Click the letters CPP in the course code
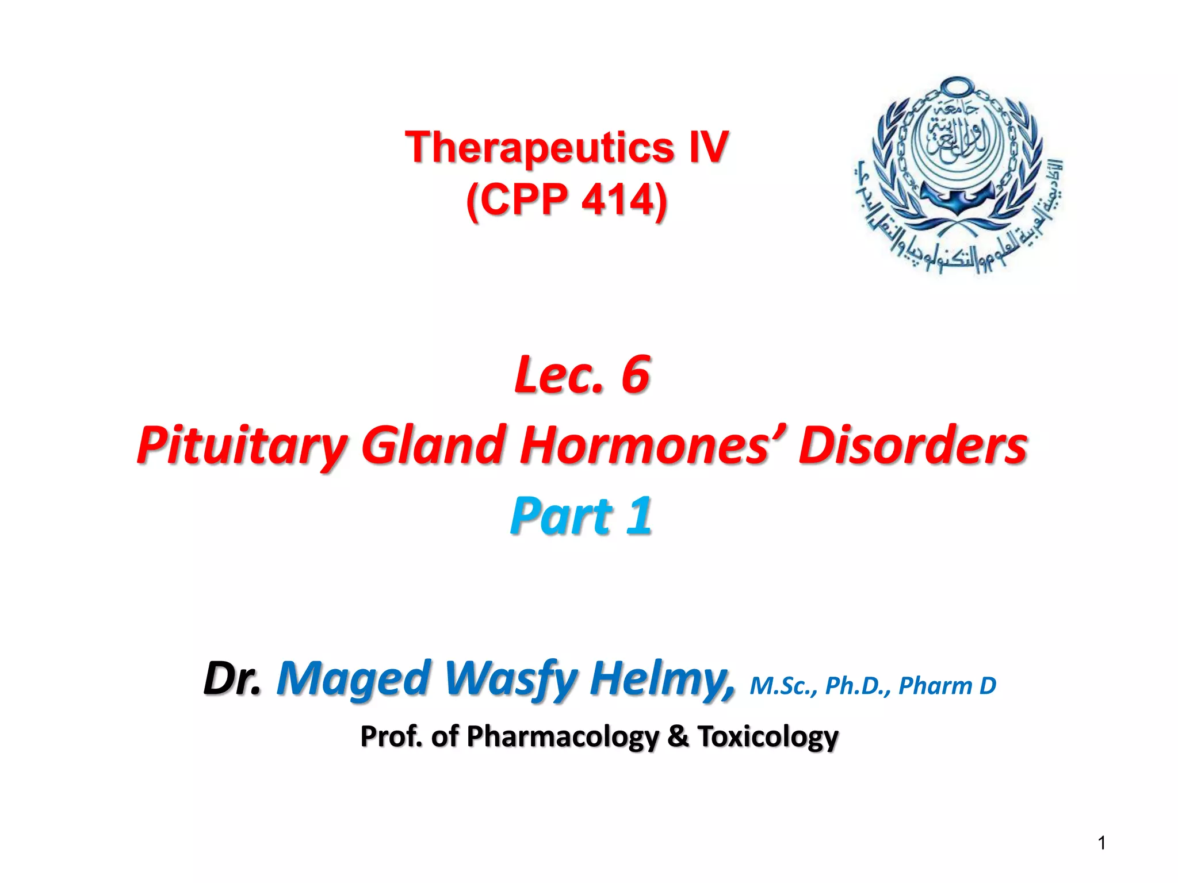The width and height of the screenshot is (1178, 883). coord(522,200)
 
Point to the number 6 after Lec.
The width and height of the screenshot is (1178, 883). coord(635,374)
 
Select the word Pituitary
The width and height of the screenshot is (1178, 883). coord(242,446)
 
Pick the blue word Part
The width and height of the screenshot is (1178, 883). coord(561,516)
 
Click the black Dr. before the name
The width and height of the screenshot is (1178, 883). coord(232,678)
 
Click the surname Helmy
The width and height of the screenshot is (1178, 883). coord(661,678)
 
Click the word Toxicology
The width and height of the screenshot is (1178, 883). coord(768,737)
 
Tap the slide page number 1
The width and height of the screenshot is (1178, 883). coord(1101,843)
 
